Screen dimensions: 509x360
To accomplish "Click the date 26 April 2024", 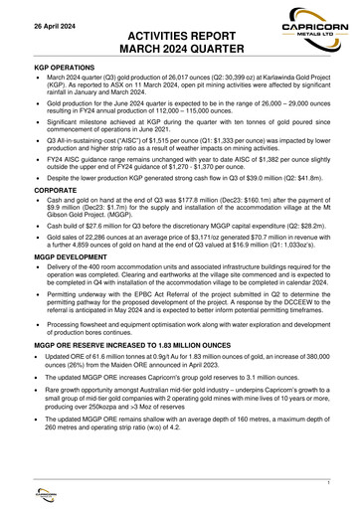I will tap(39, 22).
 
